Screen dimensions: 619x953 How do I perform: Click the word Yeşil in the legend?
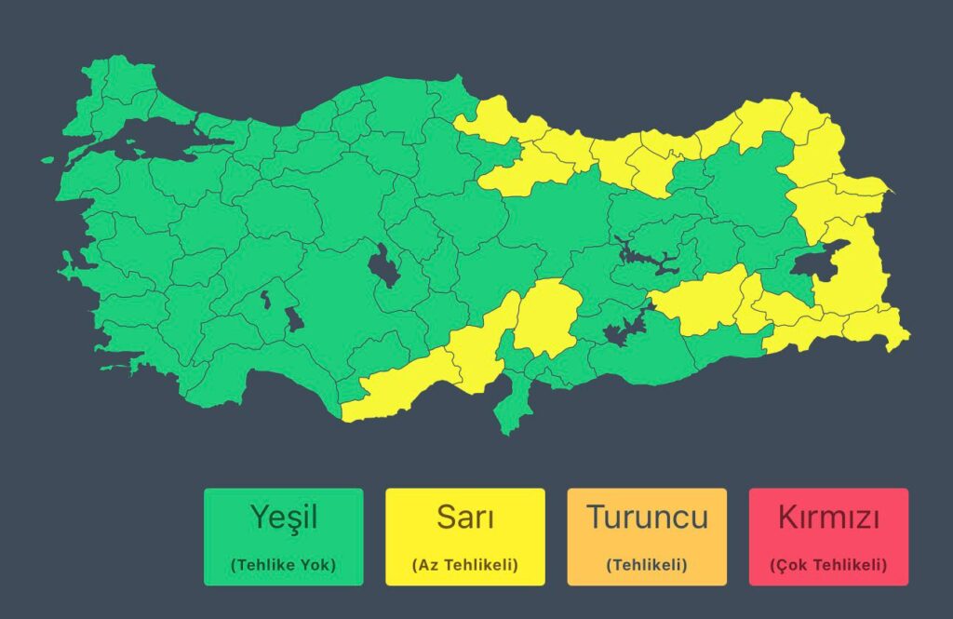click(x=283, y=517)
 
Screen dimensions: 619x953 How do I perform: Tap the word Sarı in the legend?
click(x=464, y=517)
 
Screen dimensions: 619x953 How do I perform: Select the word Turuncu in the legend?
click(x=647, y=517)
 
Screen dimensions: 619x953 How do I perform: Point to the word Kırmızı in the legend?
click(x=828, y=517)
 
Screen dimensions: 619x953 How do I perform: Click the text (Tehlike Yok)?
click(x=283, y=564)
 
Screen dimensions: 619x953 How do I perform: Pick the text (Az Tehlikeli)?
click(x=464, y=564)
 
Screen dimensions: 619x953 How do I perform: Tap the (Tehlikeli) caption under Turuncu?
click(x=647, y=564)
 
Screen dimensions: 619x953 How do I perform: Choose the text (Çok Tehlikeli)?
click(x=828, y=564)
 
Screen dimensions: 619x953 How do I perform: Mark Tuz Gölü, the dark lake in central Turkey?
click(x=382, y=265)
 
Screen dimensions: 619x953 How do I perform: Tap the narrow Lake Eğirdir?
click(x=265, y=300)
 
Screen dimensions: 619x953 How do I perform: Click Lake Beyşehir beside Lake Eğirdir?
click(x=294, y=318)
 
